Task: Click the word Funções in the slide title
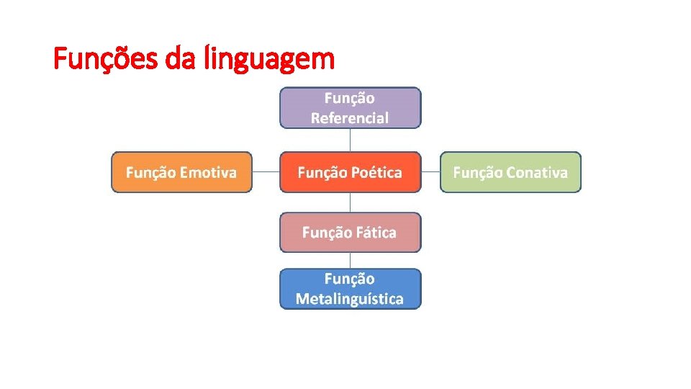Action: (x=107, y=58)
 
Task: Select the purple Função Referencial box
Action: (x=350, y=108)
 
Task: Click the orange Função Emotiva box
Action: (x=181, y=172)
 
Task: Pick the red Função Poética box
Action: (x=350, y=172)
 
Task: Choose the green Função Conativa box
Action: (x=510, y=172)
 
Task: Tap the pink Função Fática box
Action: (x=350, y=233)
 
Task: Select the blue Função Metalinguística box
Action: (x=350, y=289)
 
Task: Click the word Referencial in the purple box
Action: (x=350, y=118)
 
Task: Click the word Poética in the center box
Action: (x=377, y=173)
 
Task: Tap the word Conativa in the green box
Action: (x=537, y=173)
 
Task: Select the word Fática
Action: (x=374, y=233)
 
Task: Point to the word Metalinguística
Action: (x=350, y=299)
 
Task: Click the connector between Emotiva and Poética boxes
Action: (x=266, y=172)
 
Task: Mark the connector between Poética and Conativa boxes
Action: (x=430, y=172)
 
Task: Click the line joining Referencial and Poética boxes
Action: (x=350, y=140)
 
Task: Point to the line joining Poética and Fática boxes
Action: (x=350, y=202)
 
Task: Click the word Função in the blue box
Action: (x=350, y=279)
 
